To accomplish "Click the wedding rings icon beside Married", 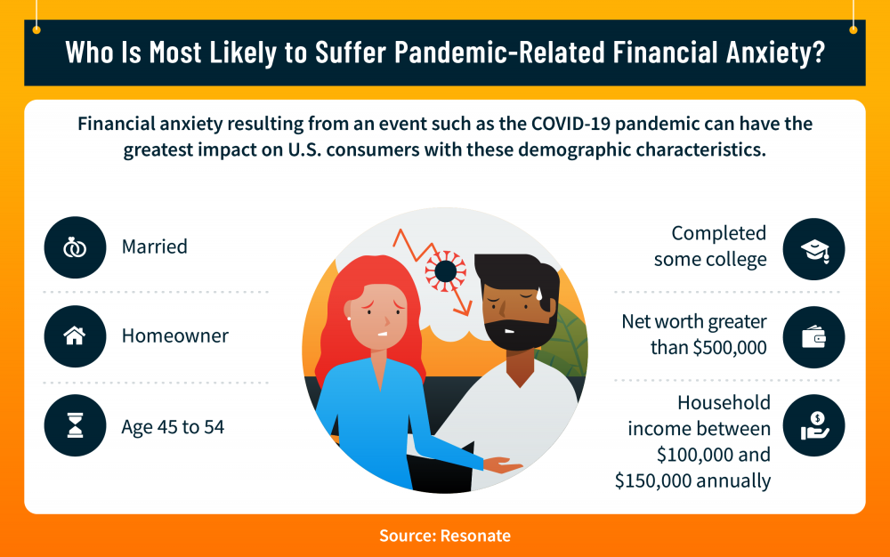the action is click(75, 247).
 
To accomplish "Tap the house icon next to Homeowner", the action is click(75, 335).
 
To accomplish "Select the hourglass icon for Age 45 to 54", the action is click(75, 425).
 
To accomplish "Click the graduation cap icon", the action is click(814, 249).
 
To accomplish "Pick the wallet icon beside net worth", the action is click(813, 337).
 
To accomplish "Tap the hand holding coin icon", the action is click(814, 426).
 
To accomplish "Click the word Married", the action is click(154, 246).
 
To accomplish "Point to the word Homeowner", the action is click(174, 335).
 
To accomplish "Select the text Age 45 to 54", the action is click(174, 426).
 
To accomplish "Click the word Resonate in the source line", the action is click(475, 536).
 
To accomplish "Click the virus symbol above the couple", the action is click(446, 271).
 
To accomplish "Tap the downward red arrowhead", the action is click(463, 309).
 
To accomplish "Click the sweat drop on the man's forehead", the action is click(539, 294).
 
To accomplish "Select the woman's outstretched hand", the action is click(502, 465).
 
